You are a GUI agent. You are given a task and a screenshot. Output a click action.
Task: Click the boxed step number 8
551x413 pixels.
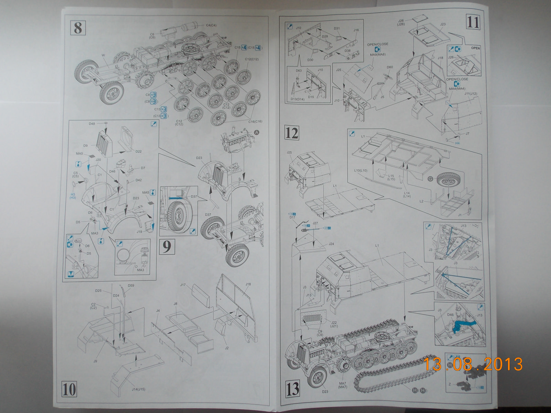click(78, 27)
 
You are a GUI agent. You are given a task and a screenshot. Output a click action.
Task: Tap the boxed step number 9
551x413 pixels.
click(167, 246)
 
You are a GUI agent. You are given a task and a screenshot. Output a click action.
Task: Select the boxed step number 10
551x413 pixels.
click(69, 389)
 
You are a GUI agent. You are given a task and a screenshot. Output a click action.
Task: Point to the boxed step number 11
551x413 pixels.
click(473, 22)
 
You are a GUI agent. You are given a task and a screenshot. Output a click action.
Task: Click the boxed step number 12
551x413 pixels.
click(292, 133)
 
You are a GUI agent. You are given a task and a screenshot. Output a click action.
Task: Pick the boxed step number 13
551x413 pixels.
click(292, 389)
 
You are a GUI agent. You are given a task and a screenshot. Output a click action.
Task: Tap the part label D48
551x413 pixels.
click(92, 124)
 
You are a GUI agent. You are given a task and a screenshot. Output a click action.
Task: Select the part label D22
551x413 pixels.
click(138, 151)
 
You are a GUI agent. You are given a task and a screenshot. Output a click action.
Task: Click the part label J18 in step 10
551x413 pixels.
click(248, 284)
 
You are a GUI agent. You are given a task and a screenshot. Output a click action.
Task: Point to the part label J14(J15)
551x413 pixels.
click(138, 389)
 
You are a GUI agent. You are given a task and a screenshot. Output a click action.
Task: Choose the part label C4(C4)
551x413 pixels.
click(211, 25)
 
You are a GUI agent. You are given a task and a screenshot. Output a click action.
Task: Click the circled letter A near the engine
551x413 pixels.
click(257, 133)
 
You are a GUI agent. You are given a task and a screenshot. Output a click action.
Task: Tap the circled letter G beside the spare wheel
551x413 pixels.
click(430, 179)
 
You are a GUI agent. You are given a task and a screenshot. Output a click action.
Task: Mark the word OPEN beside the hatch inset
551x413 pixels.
click(475, 48)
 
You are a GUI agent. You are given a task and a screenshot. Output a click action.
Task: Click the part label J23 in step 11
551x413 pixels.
click(443, 24)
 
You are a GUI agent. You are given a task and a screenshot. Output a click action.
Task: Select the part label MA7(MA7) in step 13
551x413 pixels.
click(342, 385)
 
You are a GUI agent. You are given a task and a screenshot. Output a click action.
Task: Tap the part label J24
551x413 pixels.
click(331, 244)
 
